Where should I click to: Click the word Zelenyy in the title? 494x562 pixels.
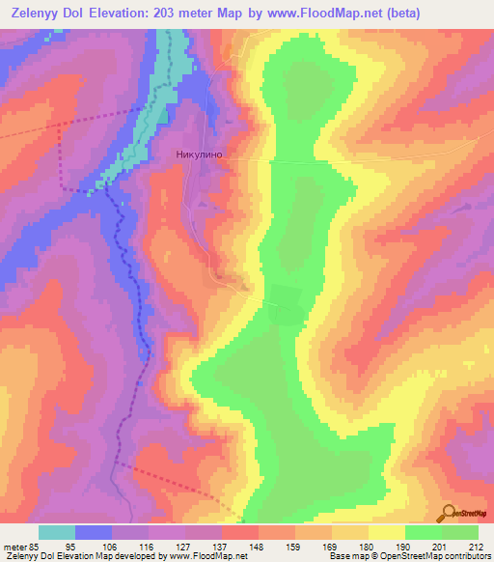pyautogui.click(x=36, y=12)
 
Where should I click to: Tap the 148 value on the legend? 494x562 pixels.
pyautogui.click(x=259, y=547)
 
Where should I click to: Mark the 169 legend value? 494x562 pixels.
pyautogui.click(x=332, y=547)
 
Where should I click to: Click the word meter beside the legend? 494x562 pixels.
pyautogui.click(x=13, y=547)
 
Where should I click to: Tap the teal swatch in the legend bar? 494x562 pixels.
pyautogui.click(x=57, y=532)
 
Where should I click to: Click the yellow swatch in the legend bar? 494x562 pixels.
pyautogui.click(x=387, y=532)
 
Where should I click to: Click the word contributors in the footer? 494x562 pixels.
pyautogui.click(x=461, y=556)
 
